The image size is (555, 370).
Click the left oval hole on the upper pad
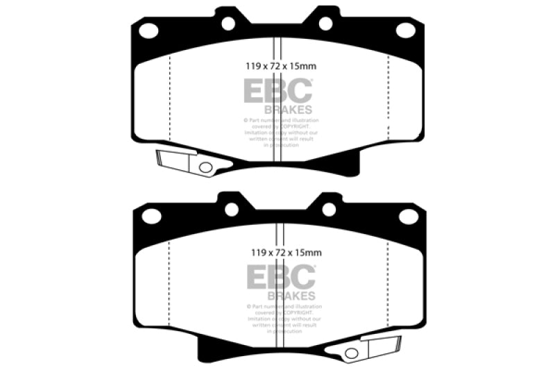(x=148, y=31)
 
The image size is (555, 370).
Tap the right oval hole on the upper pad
(x=406, y=30)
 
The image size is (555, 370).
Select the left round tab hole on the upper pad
(x=228, y=24)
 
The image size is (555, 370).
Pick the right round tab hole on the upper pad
(x=325, y=24)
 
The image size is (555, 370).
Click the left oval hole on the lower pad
(x=151, y=217)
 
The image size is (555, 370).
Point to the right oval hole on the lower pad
(x=409, y=217)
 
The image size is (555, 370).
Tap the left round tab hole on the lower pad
(x=231, y=209)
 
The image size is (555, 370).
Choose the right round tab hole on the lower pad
(x=329, y=209)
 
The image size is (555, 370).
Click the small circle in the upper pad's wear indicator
(x=205, y=167)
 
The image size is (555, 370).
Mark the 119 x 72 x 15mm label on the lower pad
(x=281, y=253)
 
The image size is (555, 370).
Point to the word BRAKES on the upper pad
(x=288, y=110)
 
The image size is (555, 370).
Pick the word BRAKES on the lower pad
(x=291, y=295)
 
